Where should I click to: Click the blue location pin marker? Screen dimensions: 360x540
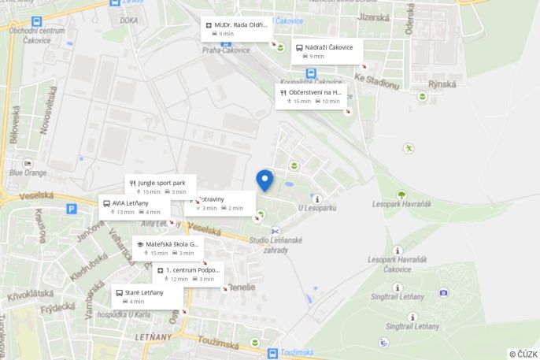[x=264, y=180]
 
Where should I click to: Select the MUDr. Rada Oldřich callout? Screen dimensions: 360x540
[x=237, y=28]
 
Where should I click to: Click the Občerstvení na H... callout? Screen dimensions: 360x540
[x=312, y=96]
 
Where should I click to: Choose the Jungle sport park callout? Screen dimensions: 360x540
[x=161, y=187]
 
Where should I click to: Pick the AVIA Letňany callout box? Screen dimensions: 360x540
[x=134, y=207]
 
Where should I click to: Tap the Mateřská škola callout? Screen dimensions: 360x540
[x=168, y=248]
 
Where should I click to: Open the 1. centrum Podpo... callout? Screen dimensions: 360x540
[x=190, y=274]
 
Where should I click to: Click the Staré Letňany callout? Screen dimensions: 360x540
[x=147, y=296]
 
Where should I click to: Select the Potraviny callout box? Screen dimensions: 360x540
[x=222, y=203]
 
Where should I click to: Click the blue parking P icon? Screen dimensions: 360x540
[x=72, y=210]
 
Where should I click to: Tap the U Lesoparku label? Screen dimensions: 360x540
[x=316, y=208]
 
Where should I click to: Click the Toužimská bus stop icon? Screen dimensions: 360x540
[x=272, y=354]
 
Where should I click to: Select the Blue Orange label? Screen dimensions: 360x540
[x=28, y=173]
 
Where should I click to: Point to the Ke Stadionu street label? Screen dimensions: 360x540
[x=376, y=81]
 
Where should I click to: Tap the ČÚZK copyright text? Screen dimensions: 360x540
[x=523, y=354]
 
